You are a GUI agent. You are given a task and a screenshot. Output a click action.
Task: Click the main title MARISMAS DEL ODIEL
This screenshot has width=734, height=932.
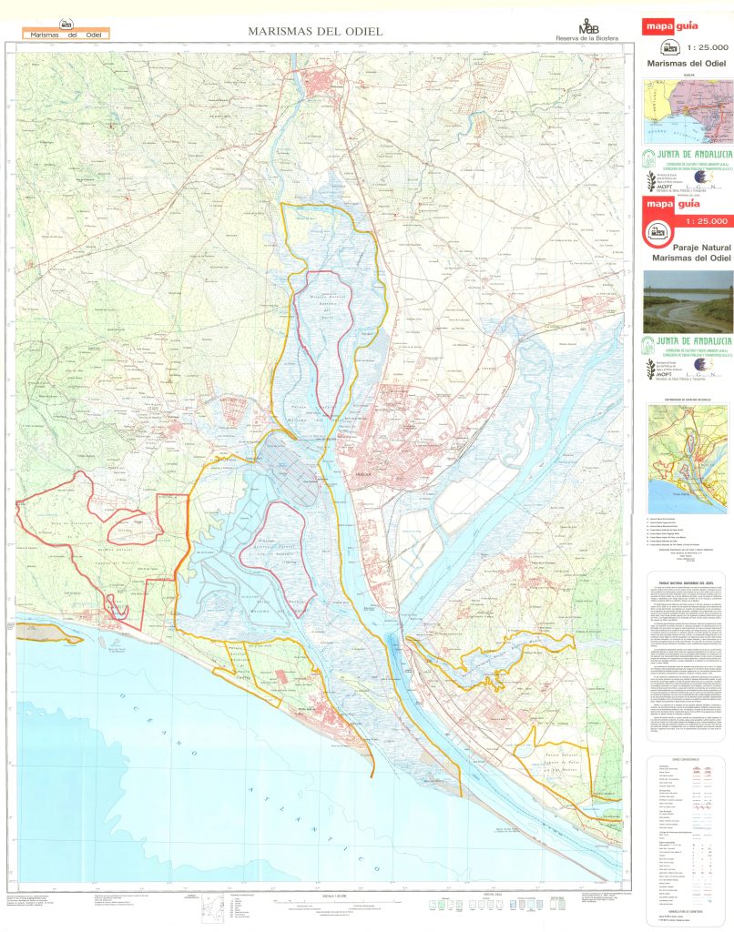coord(315,32)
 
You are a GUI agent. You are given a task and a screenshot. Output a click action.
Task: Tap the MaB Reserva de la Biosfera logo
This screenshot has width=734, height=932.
coord(587,30)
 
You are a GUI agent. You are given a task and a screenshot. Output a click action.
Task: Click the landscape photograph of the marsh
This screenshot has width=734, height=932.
coord(688,301)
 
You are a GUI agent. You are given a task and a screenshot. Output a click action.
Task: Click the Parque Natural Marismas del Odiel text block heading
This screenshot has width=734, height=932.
coord(688,581)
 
